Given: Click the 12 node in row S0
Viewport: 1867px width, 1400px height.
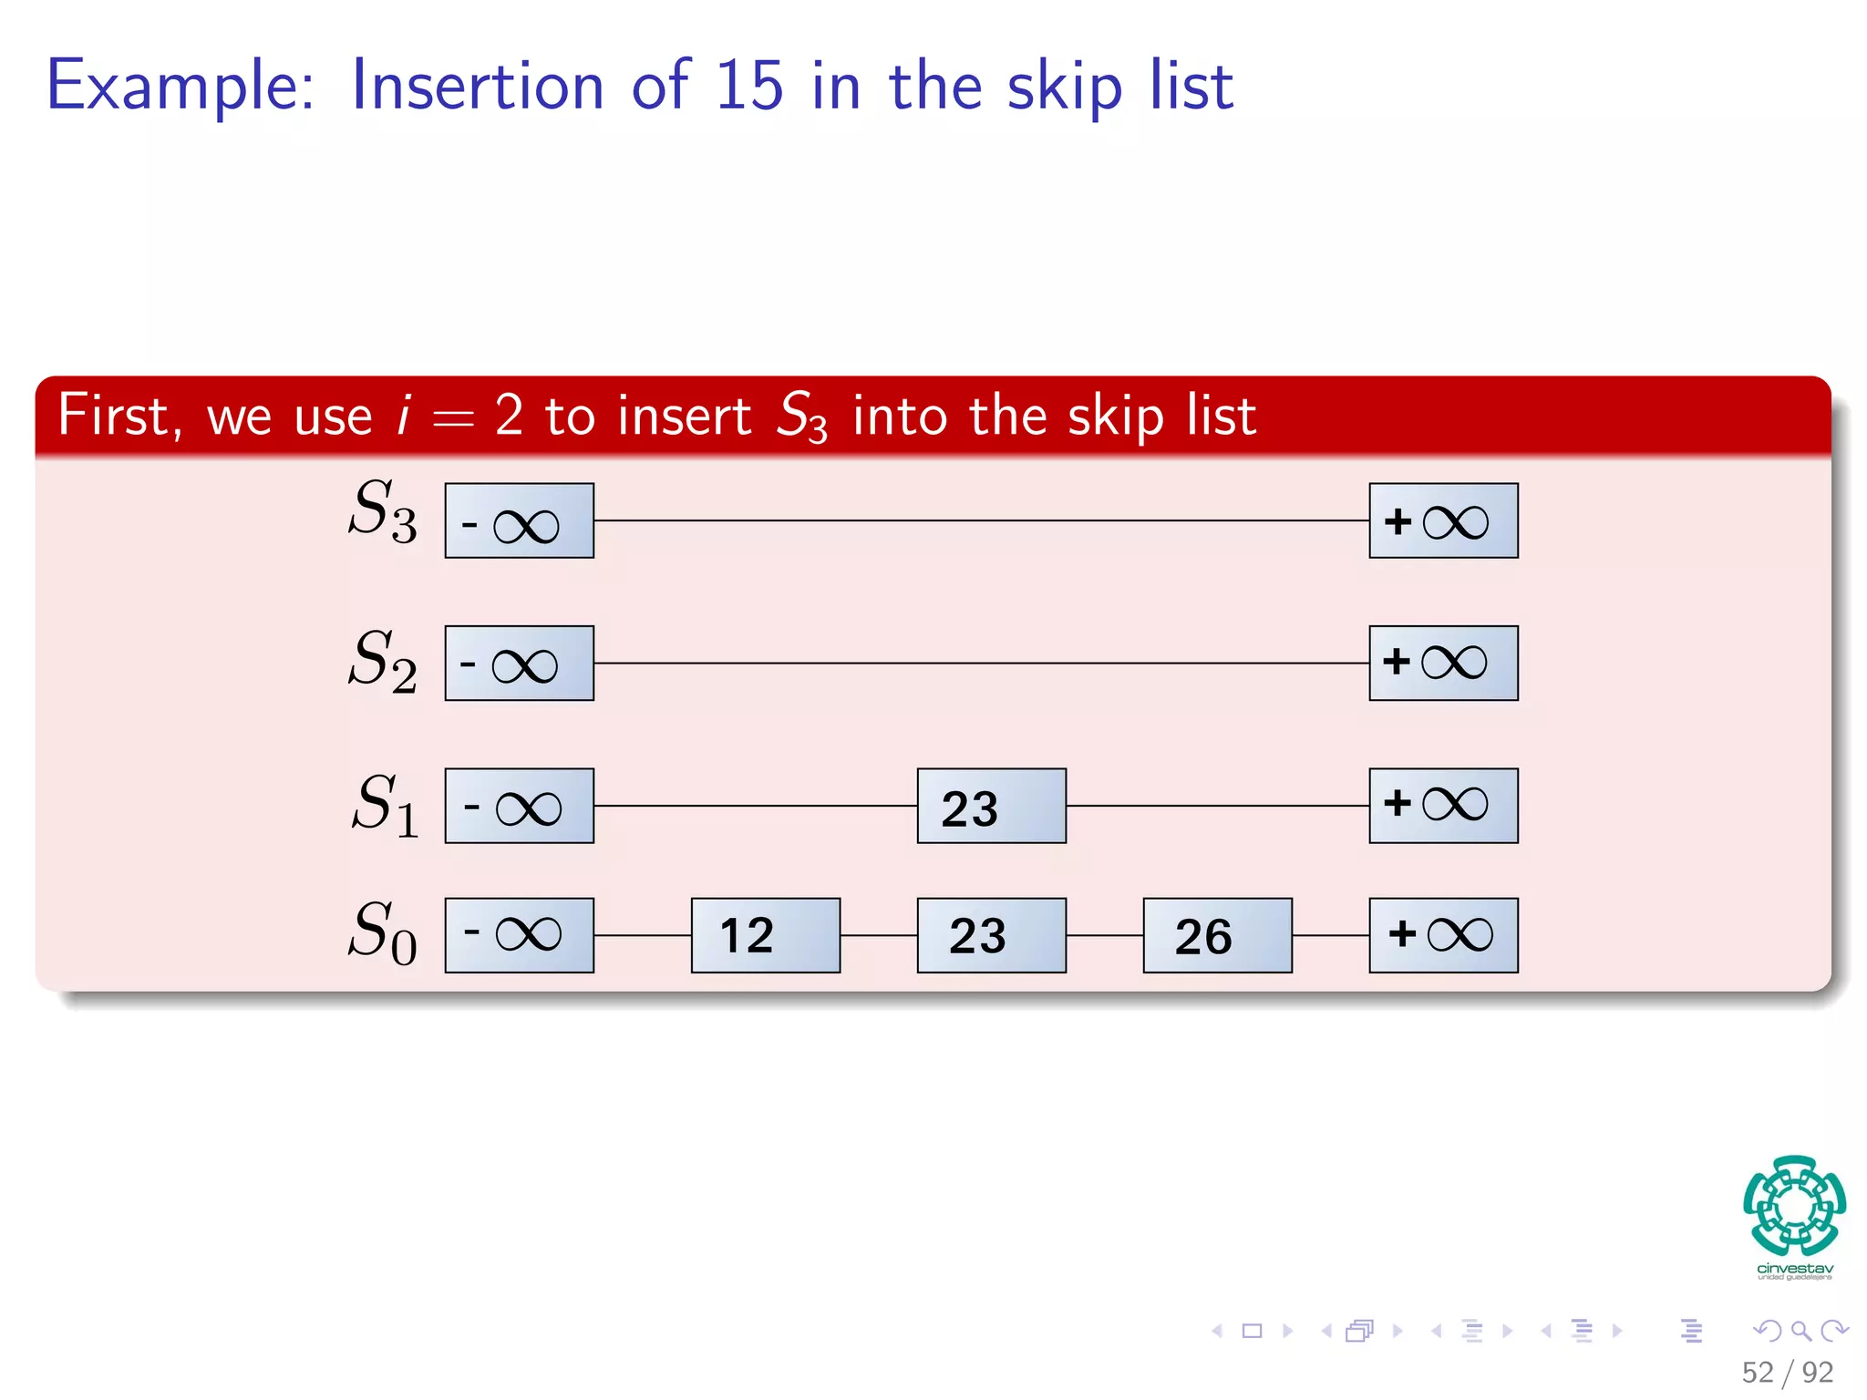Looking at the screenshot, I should [x=765, y=935].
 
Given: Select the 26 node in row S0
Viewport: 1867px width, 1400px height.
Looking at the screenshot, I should [x=1217, y=935].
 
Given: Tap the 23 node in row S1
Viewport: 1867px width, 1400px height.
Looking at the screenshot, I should [x=991, y=806].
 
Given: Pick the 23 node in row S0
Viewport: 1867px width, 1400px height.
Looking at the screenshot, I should [x=991, y=935].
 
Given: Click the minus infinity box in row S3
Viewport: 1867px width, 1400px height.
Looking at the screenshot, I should [x=519, y=520].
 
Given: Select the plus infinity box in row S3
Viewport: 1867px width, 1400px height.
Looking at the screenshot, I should [x=1443, y=520].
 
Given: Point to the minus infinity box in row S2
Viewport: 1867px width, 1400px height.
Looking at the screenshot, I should [x=519, y=663].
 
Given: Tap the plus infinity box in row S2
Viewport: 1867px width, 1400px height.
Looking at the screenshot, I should [x=1443, y=663].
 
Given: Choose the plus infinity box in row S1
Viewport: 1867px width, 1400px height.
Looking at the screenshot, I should [x=1443, y=806].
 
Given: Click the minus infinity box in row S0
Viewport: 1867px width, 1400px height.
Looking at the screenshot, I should [x=519, y=935].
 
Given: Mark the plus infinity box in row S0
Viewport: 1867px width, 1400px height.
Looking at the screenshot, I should [x=1443, y=935].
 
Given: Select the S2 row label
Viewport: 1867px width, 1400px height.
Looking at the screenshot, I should [x=383, y=661].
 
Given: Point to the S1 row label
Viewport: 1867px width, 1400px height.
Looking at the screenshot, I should [x=385, y=805].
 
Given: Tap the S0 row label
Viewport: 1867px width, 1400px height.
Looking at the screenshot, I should [x=383, y=932].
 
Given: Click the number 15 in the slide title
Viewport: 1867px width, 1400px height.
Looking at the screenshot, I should [x=748, y=87].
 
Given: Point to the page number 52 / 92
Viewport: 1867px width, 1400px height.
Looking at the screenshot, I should [x=1787, y=1372].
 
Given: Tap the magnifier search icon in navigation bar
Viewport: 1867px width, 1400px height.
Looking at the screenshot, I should [x=1800, y=1331].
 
